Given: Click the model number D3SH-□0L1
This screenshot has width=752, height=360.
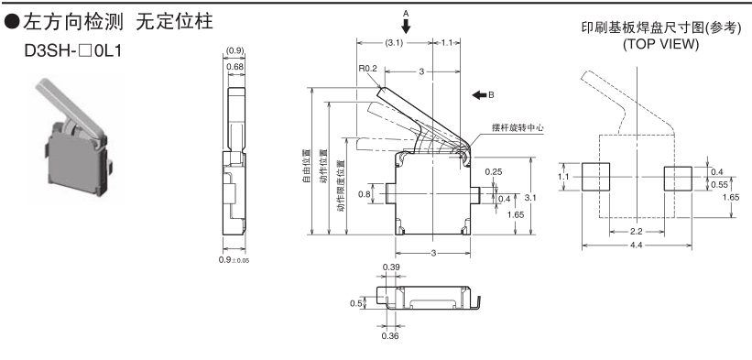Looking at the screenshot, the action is click(73, 49).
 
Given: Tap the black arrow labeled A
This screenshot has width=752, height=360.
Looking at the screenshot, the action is click(406, 27).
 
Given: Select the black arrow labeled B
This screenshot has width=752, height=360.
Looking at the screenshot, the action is click(479, 95).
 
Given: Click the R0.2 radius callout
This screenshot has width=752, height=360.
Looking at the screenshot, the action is click(368, 69).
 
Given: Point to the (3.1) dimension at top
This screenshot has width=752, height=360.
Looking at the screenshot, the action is click(393, 43).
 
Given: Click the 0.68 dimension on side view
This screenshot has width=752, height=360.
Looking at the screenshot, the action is click(234, 67).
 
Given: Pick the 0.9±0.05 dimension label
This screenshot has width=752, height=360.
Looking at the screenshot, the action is click(234, 259).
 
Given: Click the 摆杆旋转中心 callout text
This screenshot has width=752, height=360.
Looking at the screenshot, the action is click(518, 127).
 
